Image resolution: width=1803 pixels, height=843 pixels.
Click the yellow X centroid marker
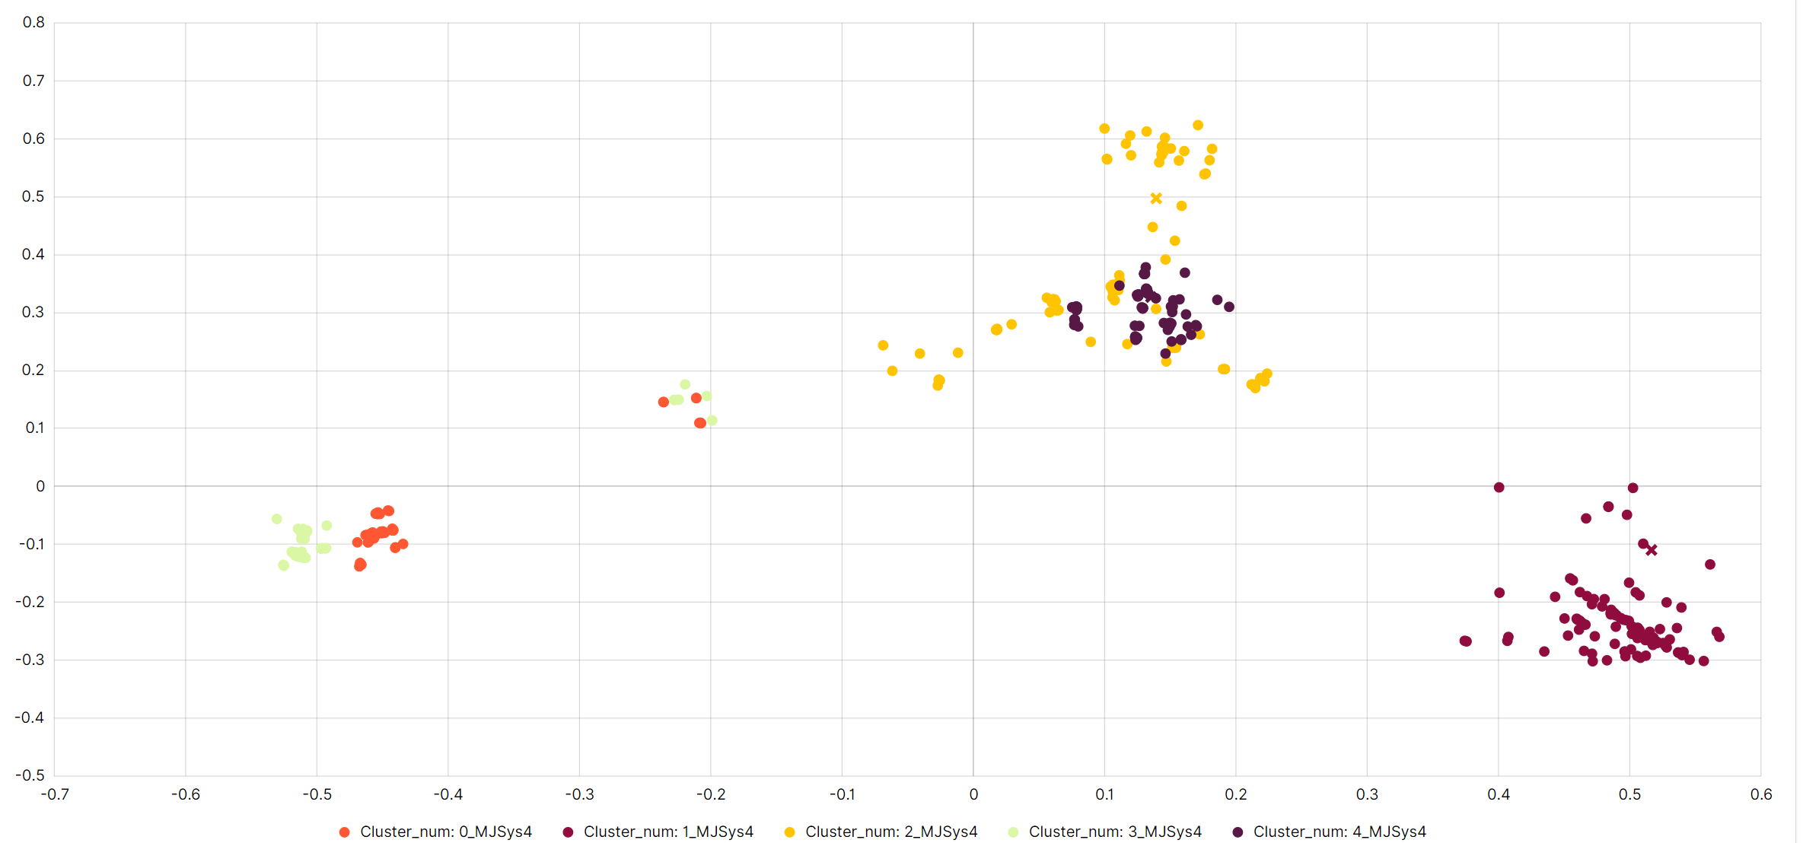click(x=1156, y=199)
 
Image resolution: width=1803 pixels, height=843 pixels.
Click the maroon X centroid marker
click(x=1652, y=550)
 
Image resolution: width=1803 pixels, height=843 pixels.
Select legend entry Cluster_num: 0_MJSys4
click(x=445, y=832)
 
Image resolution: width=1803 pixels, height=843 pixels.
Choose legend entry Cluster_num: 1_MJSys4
click(x=667, y=832)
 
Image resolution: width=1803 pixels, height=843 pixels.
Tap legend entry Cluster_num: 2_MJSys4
click(x=890, y=832)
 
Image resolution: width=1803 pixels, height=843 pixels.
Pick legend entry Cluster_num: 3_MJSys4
click(x=1114, y=832)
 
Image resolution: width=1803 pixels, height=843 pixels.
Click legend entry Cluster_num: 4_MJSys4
click(x=1339, y=832)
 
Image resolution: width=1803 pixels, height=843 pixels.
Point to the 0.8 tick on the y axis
click(x=33, y=23)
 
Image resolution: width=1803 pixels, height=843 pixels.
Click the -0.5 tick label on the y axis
click(x=30, y=775)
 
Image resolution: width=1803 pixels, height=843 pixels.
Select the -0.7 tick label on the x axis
click(x=54, y=794)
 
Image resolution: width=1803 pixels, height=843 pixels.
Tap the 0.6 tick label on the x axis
click(x=1760, y=794)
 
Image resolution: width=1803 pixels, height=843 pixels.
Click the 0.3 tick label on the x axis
click(x=1367, y=794)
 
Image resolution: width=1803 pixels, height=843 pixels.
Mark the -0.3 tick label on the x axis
click(x=579, y=794)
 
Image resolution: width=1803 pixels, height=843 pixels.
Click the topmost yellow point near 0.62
click(x=1198, y=126)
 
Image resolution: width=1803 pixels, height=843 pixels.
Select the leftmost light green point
click(x=277, y=519)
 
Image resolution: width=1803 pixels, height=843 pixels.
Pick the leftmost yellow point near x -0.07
click(x=883, y=345)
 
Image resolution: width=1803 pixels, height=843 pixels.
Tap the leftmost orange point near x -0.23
click(x=664, y=402)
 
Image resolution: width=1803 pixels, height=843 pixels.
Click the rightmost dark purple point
click(x=1229, y=307)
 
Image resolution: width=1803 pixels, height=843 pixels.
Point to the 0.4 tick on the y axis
click(x=33, y=254)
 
